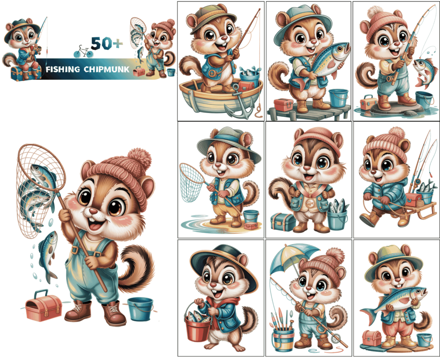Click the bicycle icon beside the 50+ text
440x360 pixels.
click(x=83, y=52)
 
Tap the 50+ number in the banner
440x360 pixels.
click(x=107, y=43)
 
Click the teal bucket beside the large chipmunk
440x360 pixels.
click(x=140, y=308)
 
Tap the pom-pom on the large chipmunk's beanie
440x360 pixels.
click(x=139, y=159)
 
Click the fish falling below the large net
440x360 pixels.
click(x=48, y=254)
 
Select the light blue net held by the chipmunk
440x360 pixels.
click(x=192, y=182)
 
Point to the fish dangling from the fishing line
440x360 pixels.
click(x=424, y=71)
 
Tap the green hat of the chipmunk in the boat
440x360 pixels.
click(x=207, y=17)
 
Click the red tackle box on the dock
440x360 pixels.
click(x=283, y=104)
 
